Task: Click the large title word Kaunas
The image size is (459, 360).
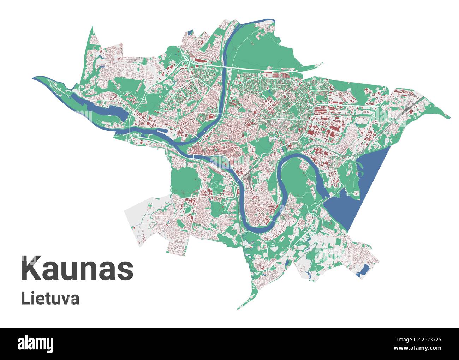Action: point(77,269)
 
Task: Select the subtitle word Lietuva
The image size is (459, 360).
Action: point(50,298)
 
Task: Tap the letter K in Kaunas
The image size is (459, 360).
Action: point(30,269)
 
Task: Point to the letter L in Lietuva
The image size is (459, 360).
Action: point(24,298)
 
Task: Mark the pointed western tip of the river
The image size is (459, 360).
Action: point(34,78)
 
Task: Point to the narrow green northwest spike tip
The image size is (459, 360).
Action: point(93,28)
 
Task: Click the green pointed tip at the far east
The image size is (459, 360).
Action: point(449,117)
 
